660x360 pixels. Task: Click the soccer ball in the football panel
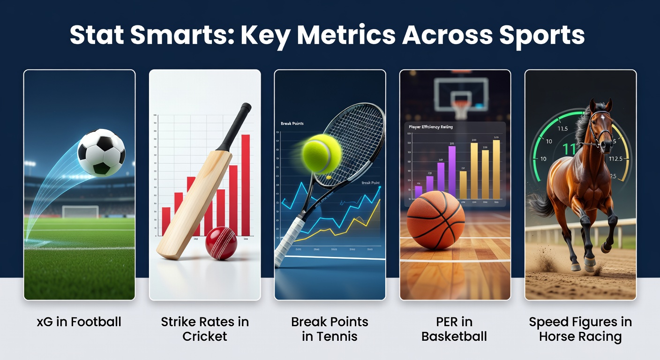pos(101,152)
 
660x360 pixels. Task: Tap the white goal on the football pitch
pos(80,212)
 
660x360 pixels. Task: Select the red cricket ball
pos(221,243)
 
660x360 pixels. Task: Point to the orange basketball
pos(435,220)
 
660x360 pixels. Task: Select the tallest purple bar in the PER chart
pos(452,172)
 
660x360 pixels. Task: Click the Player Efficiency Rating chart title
pos(430,127)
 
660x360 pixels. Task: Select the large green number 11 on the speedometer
pos(569,150)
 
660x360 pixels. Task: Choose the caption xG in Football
pos(79,322)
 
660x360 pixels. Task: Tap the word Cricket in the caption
pos(205,337)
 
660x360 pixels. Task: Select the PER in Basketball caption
pos(454,329)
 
